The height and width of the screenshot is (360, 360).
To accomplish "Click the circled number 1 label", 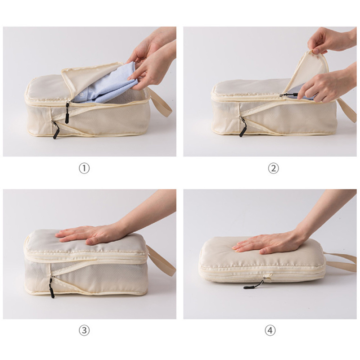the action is [84, 168].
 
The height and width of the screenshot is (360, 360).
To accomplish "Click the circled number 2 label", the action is [273, 168].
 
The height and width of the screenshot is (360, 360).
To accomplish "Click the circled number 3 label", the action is [84, 331].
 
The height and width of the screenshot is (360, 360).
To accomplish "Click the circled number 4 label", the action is [270, 331].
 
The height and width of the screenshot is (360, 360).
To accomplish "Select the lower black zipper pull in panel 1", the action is [55, 131].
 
